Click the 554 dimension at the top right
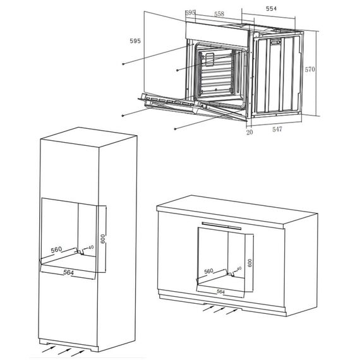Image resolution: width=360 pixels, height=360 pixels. (271, 9)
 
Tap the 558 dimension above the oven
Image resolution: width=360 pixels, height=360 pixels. (219, 14)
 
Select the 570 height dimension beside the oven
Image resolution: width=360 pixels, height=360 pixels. (310, 69)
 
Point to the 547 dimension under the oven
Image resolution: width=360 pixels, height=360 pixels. (277, 129)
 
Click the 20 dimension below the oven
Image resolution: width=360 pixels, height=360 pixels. (249, 132)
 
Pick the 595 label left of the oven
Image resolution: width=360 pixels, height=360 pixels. (135, 41)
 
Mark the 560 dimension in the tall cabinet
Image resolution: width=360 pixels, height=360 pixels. (56, 249)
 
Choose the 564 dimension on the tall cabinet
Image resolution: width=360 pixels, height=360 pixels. (68, 272)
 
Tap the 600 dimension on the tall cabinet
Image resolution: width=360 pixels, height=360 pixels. (102, 239)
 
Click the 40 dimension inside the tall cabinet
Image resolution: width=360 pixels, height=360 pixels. (91, 248)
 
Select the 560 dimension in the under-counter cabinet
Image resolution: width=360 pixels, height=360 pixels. (208, 271)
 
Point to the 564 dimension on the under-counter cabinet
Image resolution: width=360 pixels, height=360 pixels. (220, 292)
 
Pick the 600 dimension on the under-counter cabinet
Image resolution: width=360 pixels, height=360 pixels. (250, 263)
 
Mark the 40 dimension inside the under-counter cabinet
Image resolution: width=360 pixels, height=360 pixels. (239, 268)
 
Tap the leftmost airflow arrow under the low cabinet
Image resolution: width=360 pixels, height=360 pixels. (208, 308)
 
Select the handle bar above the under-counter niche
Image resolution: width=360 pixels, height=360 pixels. (222, 225)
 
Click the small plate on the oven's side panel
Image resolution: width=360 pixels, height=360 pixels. (275, 42)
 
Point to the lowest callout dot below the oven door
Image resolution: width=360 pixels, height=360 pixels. (175, 129)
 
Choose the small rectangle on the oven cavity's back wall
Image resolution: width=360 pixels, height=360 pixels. (210, 59)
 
